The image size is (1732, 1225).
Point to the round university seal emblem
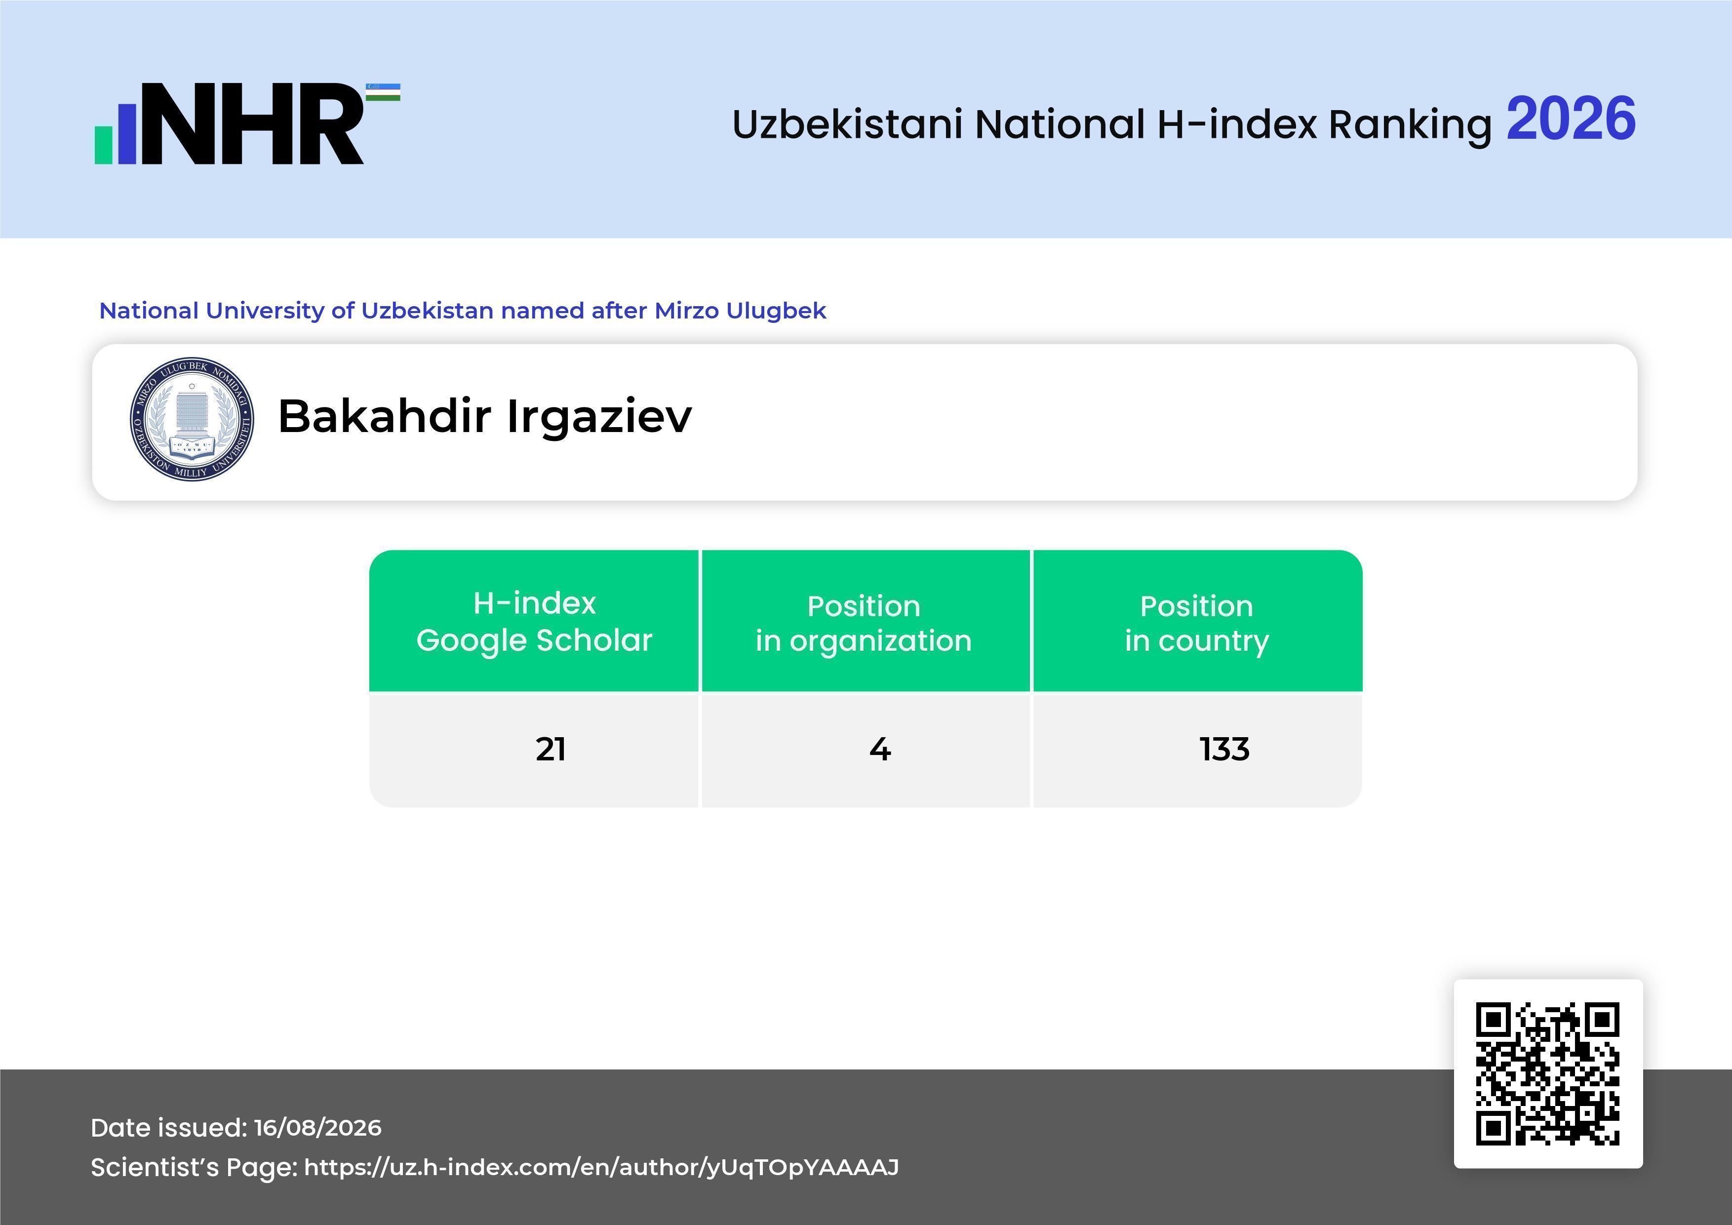click(192, 419)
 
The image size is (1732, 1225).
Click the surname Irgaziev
click(599, 416)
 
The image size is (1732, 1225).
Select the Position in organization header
click(864, 623)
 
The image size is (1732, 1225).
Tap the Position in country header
click(1196, 623)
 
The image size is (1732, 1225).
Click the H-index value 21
click(551, 749)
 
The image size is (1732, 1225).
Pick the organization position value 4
click(880, 749)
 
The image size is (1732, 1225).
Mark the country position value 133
click(1224, 749)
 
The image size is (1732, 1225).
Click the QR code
click(1548, 1073)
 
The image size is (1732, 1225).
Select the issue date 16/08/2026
click(317, 1128)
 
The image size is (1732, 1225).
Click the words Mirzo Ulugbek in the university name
click(740, 311)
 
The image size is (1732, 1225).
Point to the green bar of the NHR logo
click(103, 145)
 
